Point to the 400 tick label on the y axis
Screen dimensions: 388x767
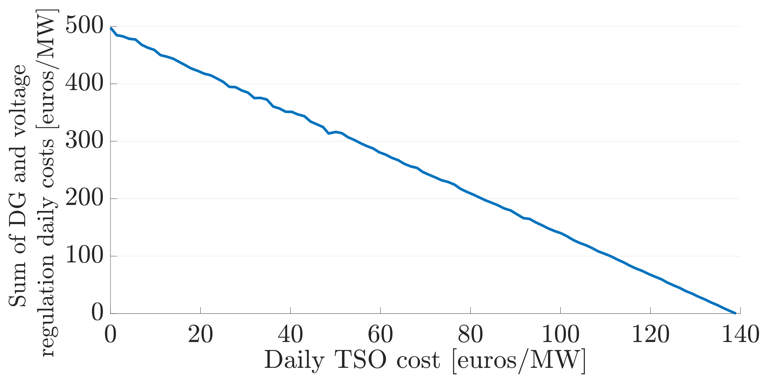click(84, 84)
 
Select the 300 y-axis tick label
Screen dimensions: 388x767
click(84, 141)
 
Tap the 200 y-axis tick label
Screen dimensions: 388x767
click(84, 198)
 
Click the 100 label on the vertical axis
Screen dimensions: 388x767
click(84, 256)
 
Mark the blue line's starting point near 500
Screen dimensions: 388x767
click(111, 28)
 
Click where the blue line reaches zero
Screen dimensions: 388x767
click(735, 313)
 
